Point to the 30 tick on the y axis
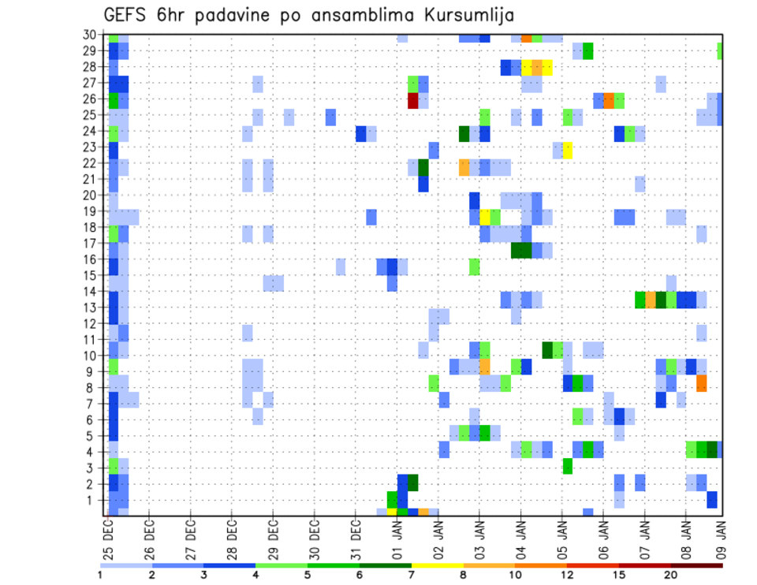(91, 35)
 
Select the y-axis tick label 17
(91, 244)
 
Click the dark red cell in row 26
(412, 100)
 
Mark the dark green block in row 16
(520, 250)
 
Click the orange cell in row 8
(701, 384)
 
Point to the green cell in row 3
(567, 465)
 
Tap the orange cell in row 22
(464, 167)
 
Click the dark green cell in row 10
(546, 349)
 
